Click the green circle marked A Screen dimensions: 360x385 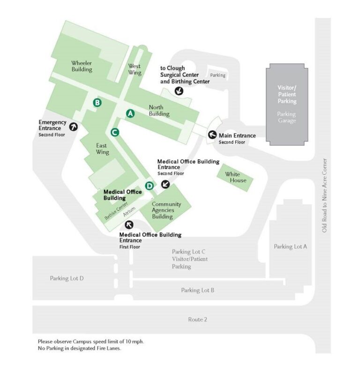pyautogui.click(x=130, y=113)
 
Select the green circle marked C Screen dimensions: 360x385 pyautogui.click(x=114, y=132)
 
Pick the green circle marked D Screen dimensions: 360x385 pyautogui.click(x=149, y=186)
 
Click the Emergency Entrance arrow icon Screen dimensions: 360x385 pyautogui.click(x=74, y=126)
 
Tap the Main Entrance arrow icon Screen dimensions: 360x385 pyautogui.click(x=212, y=135)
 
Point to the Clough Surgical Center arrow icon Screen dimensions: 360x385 pyautogui.click(x=179, y=91)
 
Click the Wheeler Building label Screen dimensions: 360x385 pyautogui.click(x=82, y=66)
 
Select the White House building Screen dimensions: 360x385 pyautogui.click(x=232, y=178)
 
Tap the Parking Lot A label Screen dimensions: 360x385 pyautogui.click(x=291, y=246)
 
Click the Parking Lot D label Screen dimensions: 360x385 pyautogui.click(x=67, y=278)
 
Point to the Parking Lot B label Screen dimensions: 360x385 pyautogui.click(x=198, y=290)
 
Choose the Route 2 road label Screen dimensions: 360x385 pyautogui.click(x=197, y=319)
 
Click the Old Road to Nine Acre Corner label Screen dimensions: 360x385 pyautogui.click(x=324, y=195)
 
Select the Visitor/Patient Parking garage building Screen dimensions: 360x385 pyautogui.click(x=286, y=104)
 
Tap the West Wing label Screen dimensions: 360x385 pyautogui.click(x=135, y=69)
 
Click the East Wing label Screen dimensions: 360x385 pyautogui.click(x=102, y=148)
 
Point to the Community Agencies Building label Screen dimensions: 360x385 pyautogui.click(x=163, y=210)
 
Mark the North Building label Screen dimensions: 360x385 pyautogui.click(x=159, y=110)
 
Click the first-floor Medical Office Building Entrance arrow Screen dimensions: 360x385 pyautogui.click(x=129, y=224)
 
